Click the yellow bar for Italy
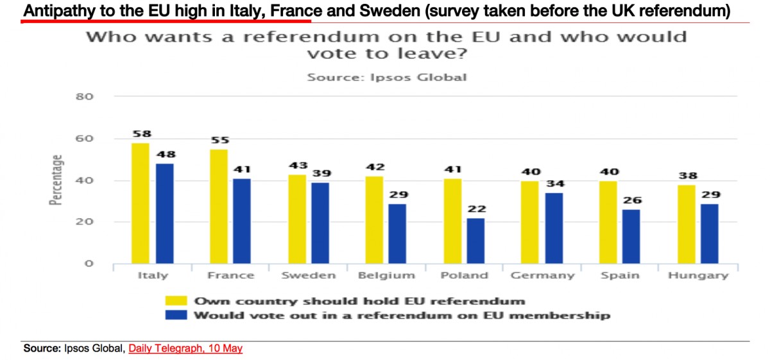point(140,203)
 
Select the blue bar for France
point(243,221)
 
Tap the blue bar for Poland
point(475,241)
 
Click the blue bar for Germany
point(554,228)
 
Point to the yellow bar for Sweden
point(296,219)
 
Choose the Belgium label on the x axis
point(388,276)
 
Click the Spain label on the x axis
point(620,276)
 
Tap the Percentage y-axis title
point(57,180)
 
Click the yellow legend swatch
point(176,300)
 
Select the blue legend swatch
point(176,316)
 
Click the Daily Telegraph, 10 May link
point(185,348)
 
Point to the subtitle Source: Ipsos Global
point(386,78)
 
